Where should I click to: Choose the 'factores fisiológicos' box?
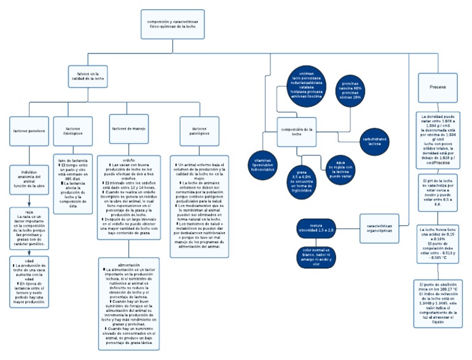tap(73, 130)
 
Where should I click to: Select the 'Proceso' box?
tap(438, 87)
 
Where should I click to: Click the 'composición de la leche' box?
tap(297, 131)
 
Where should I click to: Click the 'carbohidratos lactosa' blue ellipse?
tap(374, 141)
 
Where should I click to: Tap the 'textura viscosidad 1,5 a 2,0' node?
tap(316, 227)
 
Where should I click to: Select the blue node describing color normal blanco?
tap(316, 256)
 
